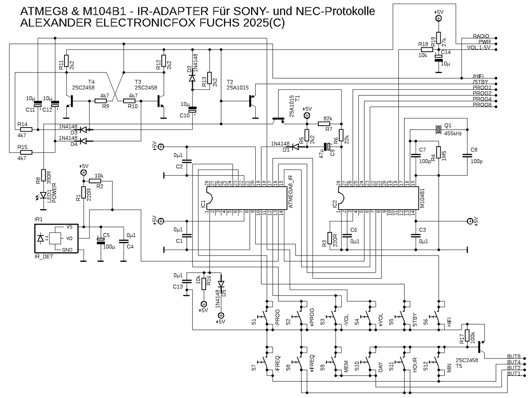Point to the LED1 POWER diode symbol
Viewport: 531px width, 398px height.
43,195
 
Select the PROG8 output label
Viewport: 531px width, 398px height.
482,106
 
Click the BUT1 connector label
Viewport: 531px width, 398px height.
514,373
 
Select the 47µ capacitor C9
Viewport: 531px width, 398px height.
327,147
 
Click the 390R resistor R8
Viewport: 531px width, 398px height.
43,175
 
